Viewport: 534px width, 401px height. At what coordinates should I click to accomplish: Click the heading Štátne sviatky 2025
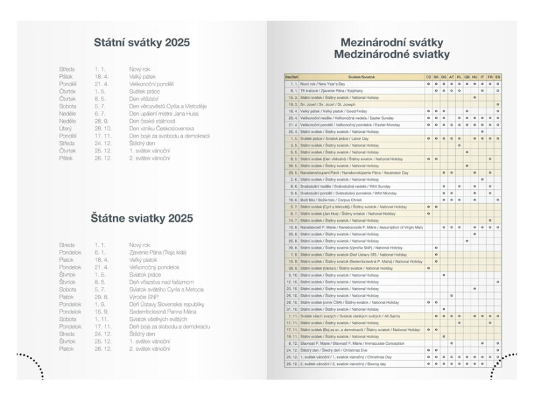click(x=142, y=218)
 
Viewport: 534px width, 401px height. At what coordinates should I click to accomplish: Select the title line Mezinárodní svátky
click(x=392, y=41)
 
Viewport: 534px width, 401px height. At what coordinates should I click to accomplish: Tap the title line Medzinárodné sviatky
click(x=392, y=55)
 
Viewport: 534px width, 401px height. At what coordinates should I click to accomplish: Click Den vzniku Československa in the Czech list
click(x=162, y=128)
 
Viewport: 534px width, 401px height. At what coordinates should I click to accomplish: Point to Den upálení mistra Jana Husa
click(x=166, y=113)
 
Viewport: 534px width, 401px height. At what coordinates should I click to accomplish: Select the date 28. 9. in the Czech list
click(x=101, y=120)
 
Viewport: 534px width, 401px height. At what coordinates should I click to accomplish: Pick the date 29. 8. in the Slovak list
click(x=101, y=297)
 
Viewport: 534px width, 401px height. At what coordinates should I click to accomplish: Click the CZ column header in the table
click(x=429, y=78)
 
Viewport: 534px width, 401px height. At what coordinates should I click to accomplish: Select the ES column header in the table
click(x=498, y=78)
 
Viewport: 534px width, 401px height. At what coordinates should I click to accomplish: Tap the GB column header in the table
click(x=467, y=78)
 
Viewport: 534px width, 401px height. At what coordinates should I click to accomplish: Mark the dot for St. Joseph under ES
click(x=498, y=104)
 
